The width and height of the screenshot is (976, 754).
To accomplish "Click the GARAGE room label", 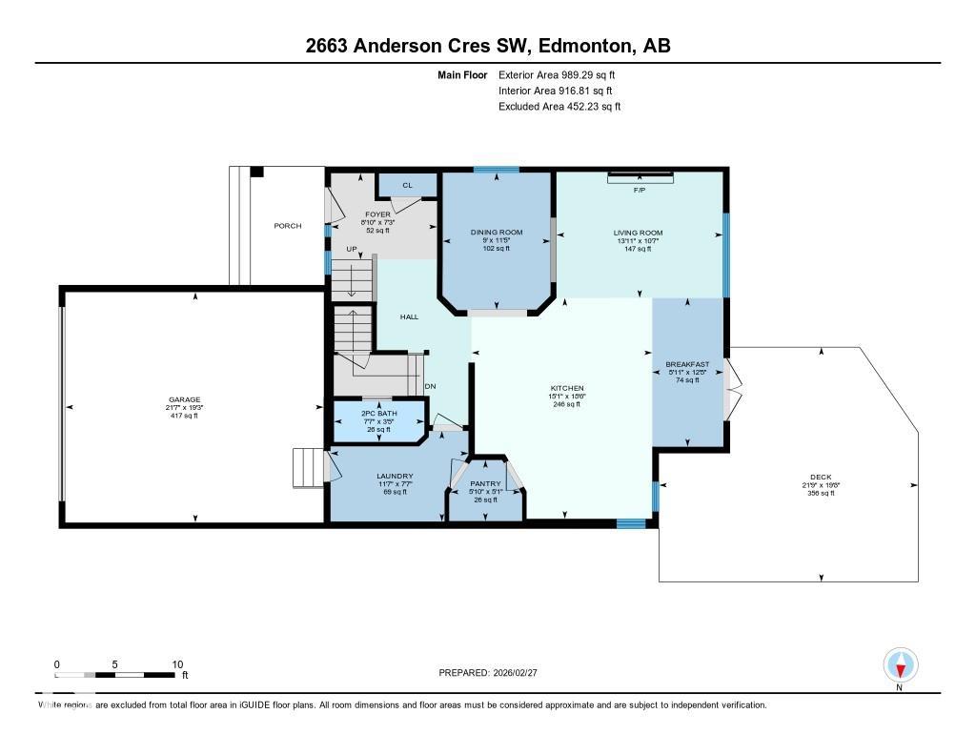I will (185, 399).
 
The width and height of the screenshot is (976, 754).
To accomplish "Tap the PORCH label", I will (288, 226).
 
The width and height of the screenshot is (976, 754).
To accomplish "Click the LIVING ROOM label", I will (638, 233).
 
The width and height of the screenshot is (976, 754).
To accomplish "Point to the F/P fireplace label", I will (640, 191).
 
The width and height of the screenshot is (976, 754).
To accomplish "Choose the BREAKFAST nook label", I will (687, 364).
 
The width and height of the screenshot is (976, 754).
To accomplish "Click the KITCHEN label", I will (566, 388).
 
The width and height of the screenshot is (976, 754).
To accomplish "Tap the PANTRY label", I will (485, 483).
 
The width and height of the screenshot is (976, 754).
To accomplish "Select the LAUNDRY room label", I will (394, 476).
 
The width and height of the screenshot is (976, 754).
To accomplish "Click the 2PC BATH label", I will (379, 413).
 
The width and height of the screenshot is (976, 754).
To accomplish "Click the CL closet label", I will (407, 185).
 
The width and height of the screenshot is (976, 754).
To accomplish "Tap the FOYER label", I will (378, 214).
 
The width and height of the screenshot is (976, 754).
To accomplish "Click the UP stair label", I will (351, 249).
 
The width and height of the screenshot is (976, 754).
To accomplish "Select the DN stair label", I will (430, 385).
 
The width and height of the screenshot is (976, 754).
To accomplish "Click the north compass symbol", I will (900, 665).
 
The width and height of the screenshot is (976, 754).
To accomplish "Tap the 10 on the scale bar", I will (176, 664).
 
